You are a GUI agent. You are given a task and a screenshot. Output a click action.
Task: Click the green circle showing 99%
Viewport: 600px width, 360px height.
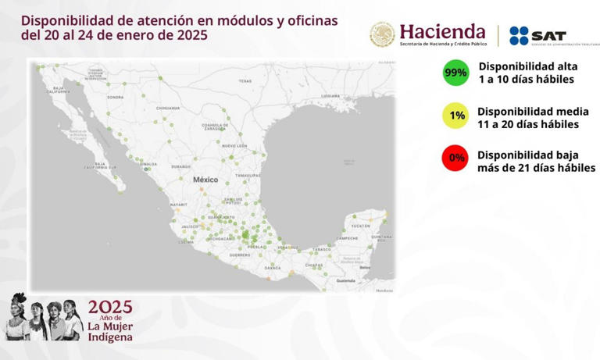pyautogui.click(x=455, y=73)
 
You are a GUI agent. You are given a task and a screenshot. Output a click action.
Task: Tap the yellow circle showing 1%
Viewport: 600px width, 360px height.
pyautogui.click(x=456, y=116)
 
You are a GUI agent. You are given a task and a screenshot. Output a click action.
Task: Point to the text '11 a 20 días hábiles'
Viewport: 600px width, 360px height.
pyautogui.click(x=527, y=124)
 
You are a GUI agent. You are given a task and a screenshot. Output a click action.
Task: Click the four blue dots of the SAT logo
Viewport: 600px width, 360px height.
pyautogui.click(x=519, y=35)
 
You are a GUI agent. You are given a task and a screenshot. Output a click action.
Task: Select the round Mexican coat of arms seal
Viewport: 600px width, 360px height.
pyautogui.click(x=383, y=34)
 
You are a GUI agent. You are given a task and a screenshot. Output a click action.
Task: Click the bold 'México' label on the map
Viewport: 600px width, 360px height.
pyautogui.click(x=205, y=180)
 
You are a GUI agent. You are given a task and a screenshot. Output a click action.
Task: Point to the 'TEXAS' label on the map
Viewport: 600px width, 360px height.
pyautogui.click(x=245, y=81)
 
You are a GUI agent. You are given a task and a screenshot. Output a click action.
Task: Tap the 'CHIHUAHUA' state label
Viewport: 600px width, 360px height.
pyautogui.click(x=168, y=108)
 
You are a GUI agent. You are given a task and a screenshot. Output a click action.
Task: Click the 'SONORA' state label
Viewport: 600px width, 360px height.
pyautogui.click(x=116, y=98)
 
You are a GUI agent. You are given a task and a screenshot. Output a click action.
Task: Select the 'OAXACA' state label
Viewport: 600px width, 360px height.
pyautogui.click(x=273, y=268)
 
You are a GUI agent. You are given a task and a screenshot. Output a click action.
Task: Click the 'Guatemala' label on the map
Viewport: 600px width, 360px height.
pyautogui.click(x=346, y=280)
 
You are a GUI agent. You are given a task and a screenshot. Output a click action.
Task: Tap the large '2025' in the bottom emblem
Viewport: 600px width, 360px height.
pyautogui.click(x=110, y=308)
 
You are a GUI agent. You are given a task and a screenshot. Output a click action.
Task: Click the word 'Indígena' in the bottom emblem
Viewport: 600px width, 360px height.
pyautogui.click(x=110, y=337)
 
